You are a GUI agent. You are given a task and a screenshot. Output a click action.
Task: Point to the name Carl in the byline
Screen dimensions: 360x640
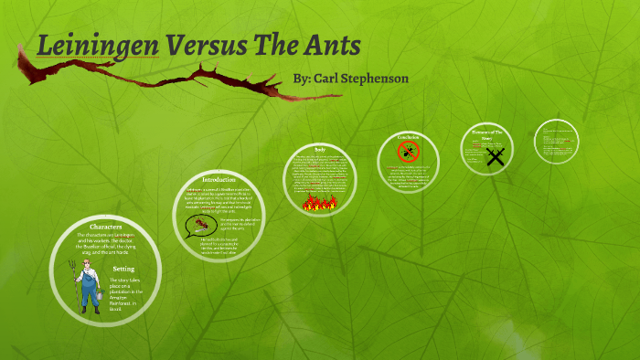[x=328, y=79]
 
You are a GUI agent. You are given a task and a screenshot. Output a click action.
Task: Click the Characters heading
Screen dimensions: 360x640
[x=106, y=225]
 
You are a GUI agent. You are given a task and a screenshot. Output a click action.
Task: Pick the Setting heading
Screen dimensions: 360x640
[x=123, y=268]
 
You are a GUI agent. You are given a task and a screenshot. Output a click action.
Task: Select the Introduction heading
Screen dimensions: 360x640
[x=218, y=179]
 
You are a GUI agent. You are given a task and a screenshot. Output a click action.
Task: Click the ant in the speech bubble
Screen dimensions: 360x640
[x=200, y=225]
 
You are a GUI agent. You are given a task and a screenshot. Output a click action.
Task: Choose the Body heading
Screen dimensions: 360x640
[x=320, y=149]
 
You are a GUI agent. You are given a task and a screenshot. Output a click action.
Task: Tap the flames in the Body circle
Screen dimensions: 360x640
[x=320, y=201]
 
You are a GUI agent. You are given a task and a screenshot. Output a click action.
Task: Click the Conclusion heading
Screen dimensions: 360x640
[x=408, y=137]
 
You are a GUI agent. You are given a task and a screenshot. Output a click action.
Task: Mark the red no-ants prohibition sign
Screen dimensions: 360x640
[x=408, y=151]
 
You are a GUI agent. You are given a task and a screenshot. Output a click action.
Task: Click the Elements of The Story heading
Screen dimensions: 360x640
[x=494, y=135]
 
